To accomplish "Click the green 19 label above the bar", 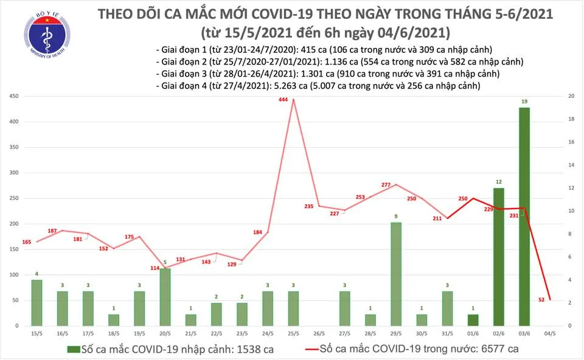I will [524, 102].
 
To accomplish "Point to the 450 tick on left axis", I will [13, 97].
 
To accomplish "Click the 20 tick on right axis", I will [571, 97].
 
